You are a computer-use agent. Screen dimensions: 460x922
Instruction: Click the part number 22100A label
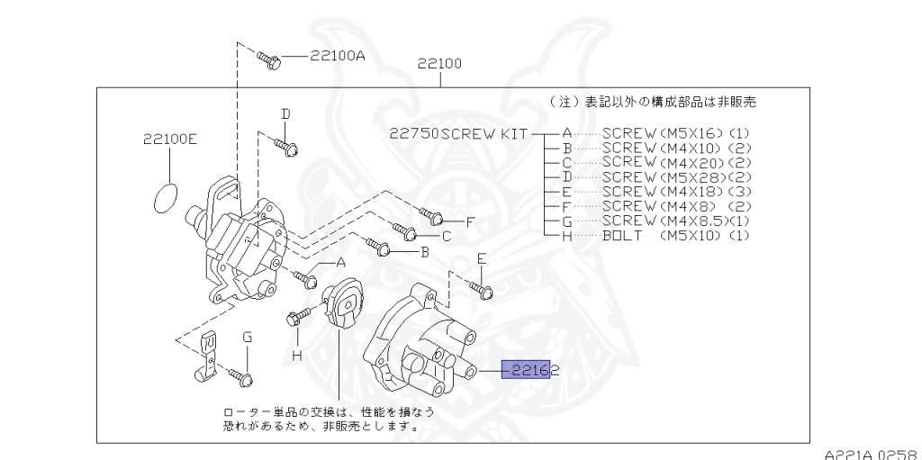click(338, 56)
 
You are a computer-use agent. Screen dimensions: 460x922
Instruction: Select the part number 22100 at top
click(439, 64)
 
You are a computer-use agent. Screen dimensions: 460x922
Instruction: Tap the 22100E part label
click(168, 140)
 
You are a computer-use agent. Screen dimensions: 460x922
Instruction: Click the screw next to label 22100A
click(269, 59)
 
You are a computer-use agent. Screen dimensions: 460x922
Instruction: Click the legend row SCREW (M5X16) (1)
click(674, 133)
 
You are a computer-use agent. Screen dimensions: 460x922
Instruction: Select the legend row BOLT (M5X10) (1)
click(674, 235)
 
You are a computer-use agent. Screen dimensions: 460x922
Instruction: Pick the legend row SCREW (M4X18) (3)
click(674, 192)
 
